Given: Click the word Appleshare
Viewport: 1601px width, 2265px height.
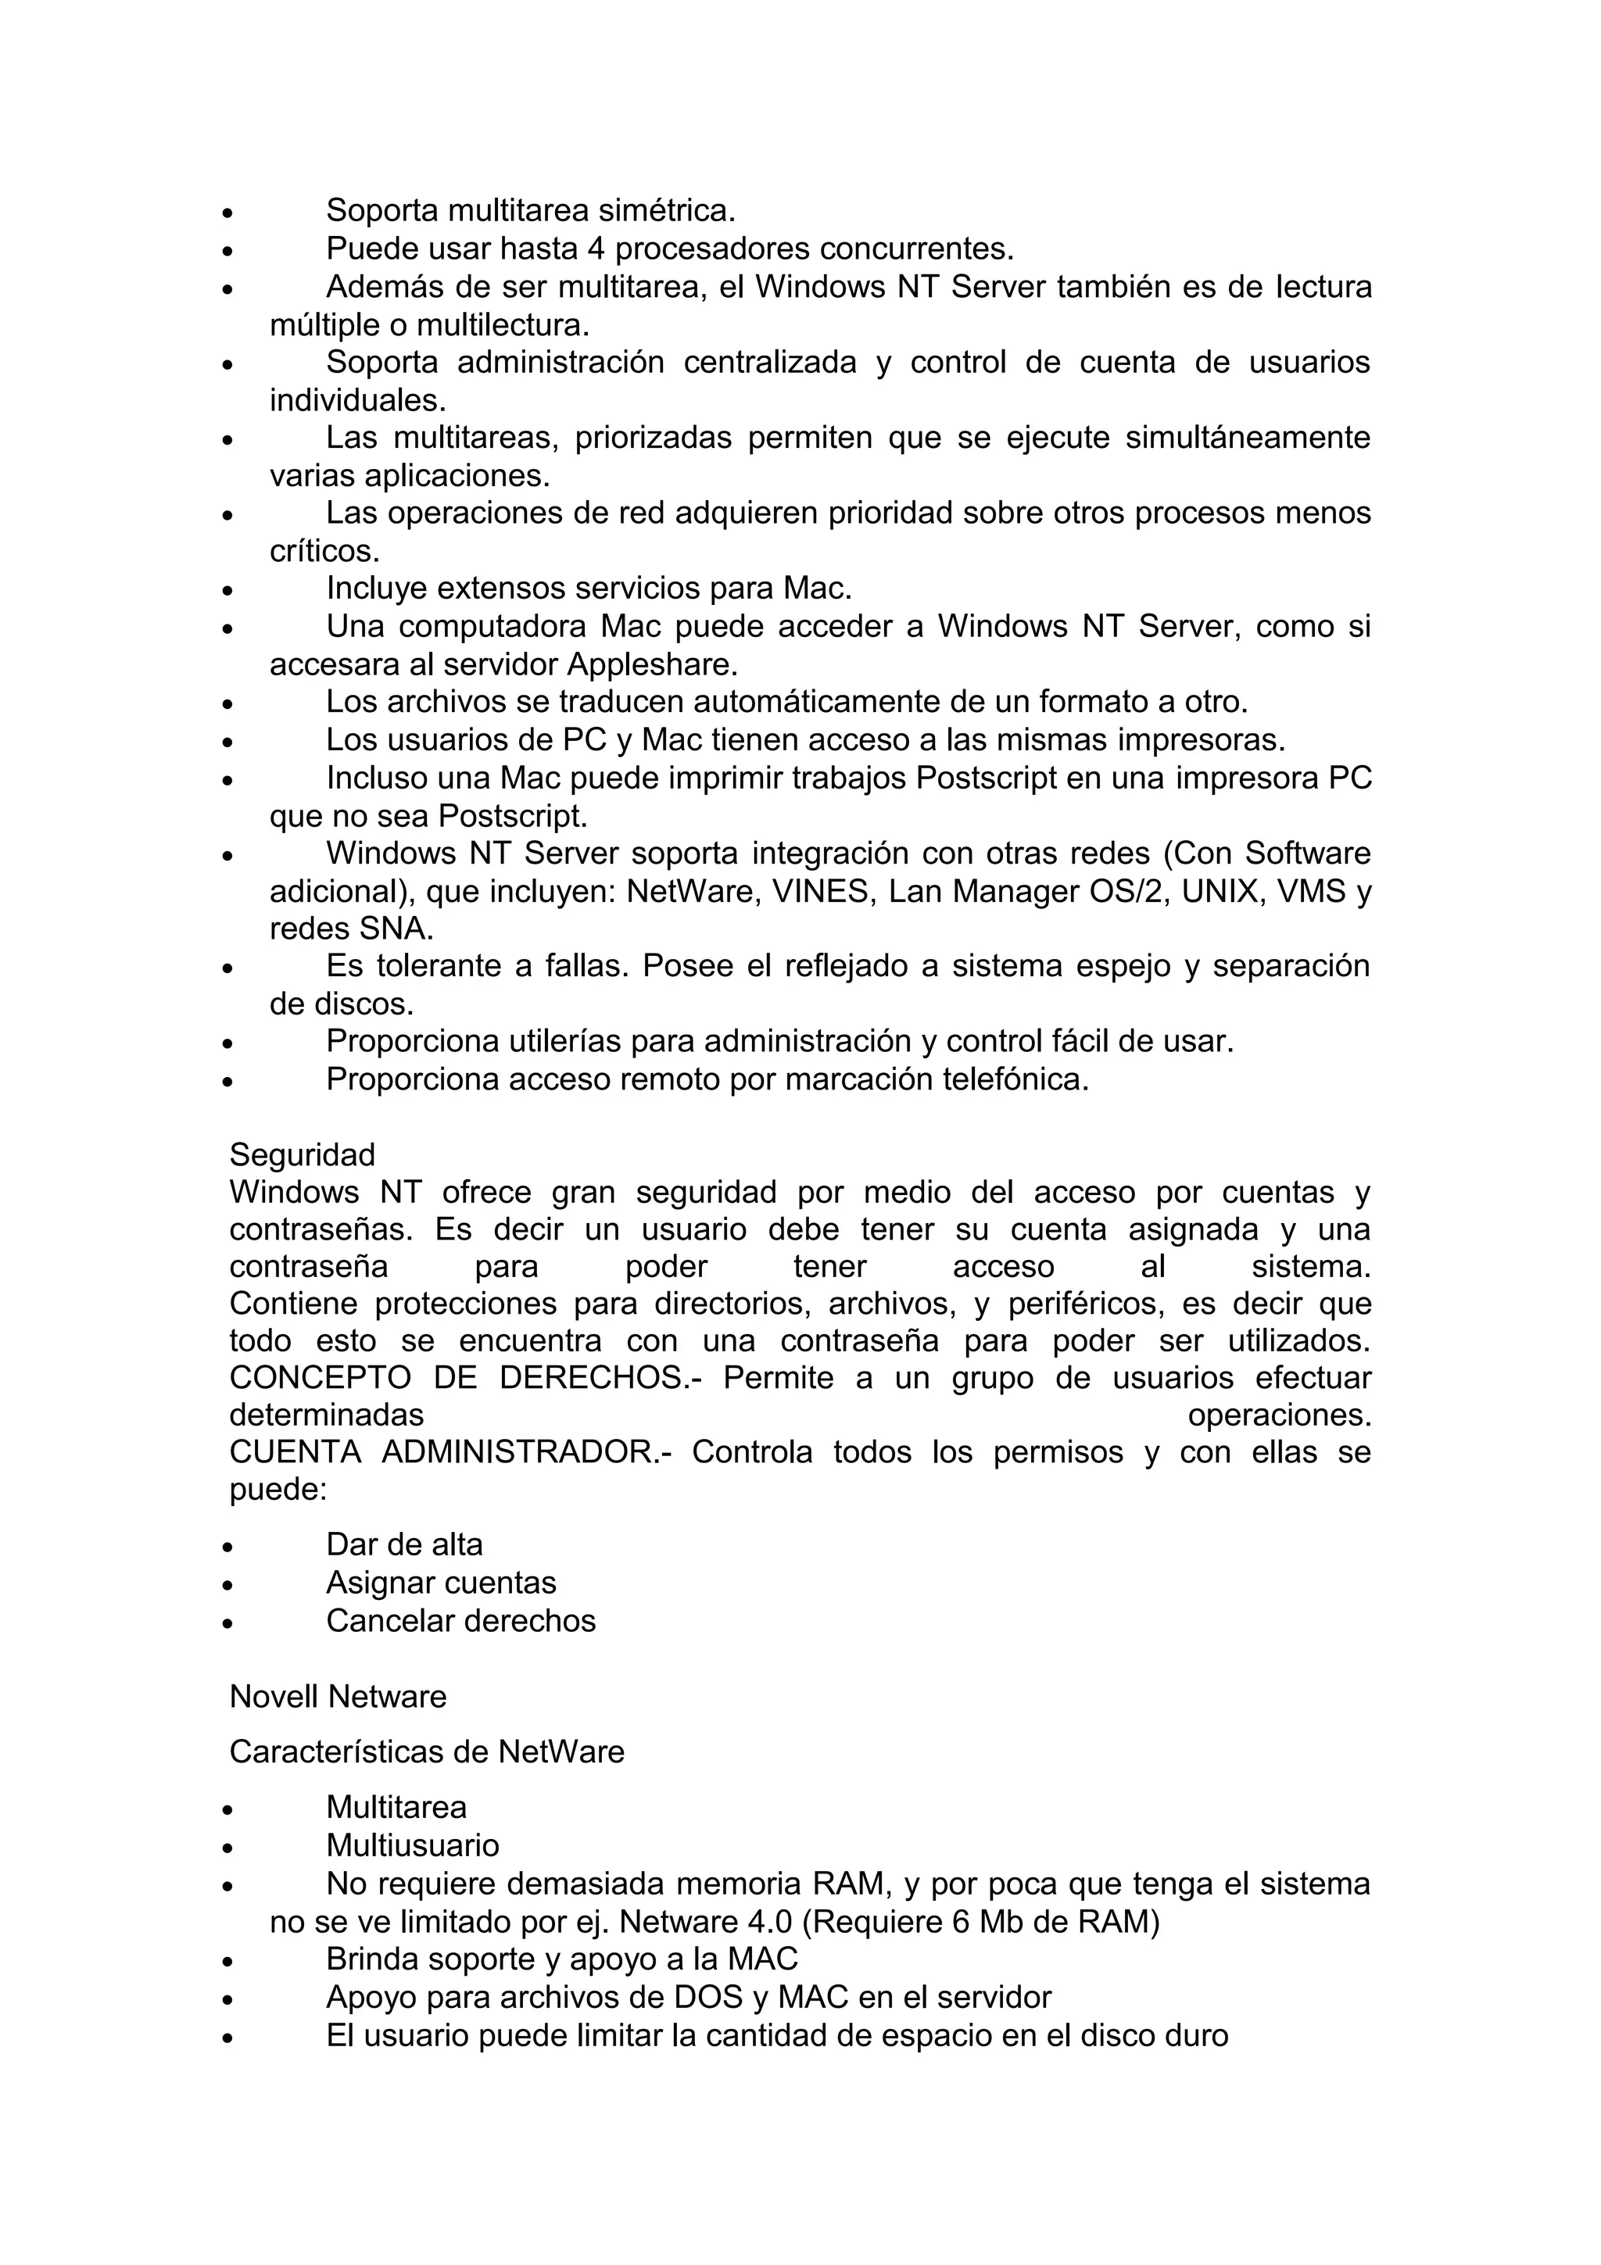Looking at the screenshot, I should [652, 665].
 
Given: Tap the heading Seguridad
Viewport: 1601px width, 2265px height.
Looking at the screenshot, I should [302, 1154].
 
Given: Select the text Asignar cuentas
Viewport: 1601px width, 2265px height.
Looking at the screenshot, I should [441, 1583].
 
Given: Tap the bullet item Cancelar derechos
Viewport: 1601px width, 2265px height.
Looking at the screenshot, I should [460, 1621].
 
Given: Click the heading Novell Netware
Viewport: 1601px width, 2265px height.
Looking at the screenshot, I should [338, 1697].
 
